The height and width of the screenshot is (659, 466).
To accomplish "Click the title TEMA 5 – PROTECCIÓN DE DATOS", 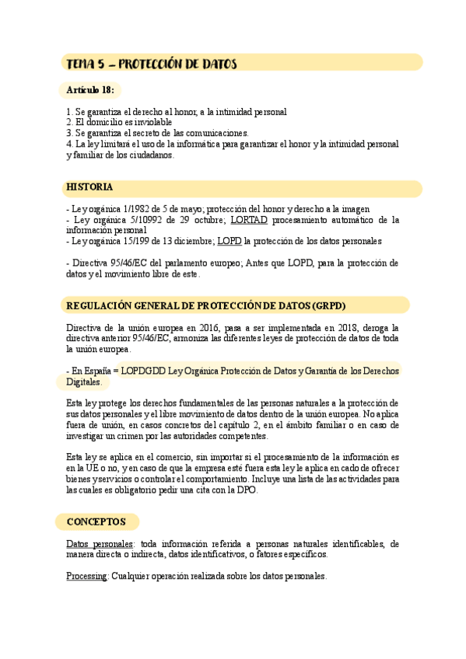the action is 152,63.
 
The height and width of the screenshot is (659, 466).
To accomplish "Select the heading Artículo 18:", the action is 90,91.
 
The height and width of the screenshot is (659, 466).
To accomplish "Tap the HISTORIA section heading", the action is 89,188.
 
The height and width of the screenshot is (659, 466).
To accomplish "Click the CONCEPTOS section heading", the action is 96,521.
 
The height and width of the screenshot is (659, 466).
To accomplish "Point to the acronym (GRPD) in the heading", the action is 328,305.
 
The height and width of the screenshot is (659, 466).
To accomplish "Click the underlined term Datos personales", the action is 100,544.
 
